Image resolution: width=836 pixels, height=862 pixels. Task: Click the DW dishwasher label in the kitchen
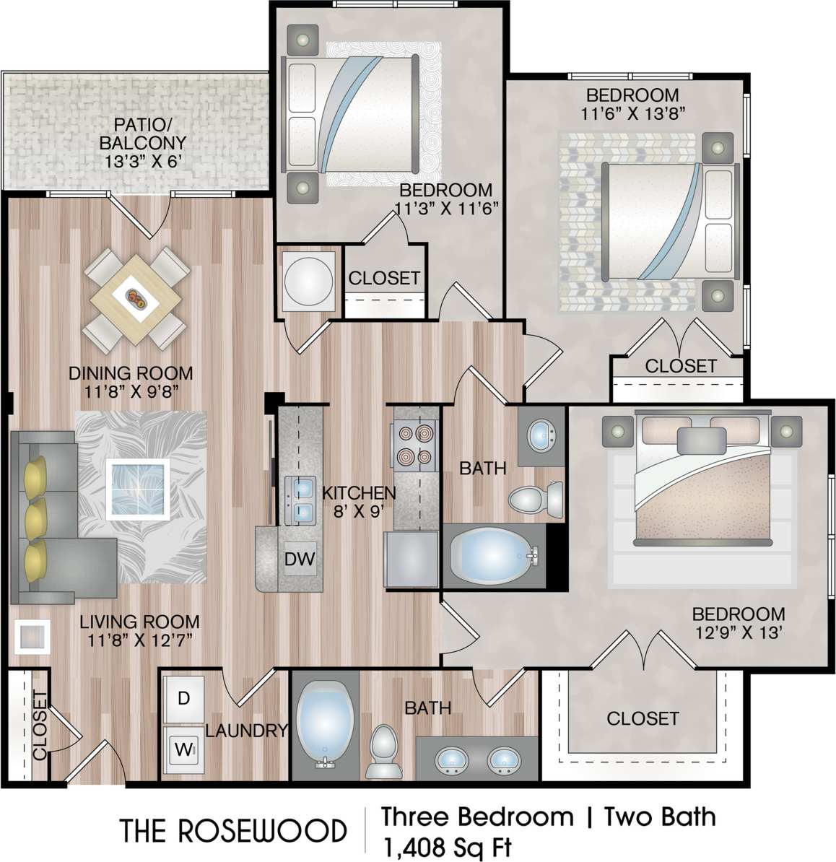point(299,558)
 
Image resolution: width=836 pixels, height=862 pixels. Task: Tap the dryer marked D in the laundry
point(183,698)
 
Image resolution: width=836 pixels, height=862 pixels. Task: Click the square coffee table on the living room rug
point(138,489)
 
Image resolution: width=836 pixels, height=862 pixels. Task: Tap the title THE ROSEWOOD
point(233,830)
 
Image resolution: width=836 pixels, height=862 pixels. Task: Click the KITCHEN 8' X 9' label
point(358,502)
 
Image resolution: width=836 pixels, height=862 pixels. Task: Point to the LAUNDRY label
point(246,731)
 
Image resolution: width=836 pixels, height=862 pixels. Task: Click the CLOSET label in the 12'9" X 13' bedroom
point(643,718)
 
